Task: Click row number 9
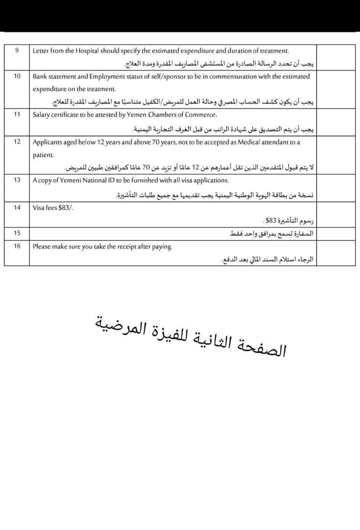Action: tap(17, 50)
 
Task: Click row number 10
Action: tap(17, 76)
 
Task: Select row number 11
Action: tap(17, 114)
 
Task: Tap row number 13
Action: tap(17, 180)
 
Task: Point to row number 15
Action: tap(17, 233)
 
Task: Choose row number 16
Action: tap(17, 246)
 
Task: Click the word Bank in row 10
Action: tap(40, 76)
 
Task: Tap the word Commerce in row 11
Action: tap(201, 115)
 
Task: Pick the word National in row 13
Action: tap(91, 180)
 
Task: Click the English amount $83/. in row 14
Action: tap(66, 208)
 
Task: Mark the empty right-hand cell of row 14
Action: tap(338, 214)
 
